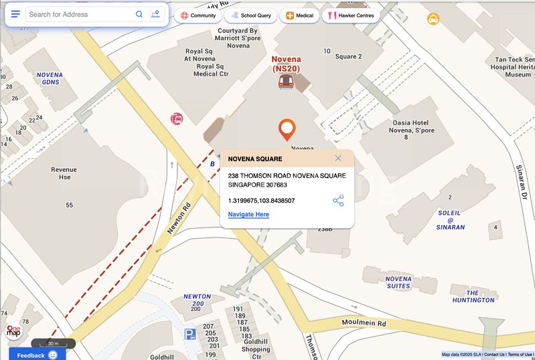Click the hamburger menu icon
pos(15,14)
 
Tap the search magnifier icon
pos(139,14)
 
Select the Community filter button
pos(198,15)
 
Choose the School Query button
pos(250,15)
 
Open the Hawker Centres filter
pos(350,15)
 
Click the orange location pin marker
pos(287,129)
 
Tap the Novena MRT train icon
pos(286,82)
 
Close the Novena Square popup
pos(338,159)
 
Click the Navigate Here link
pos(248,214)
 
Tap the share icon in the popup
pos(338,201)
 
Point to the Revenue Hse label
pos(64,173)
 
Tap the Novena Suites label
pos(398,282)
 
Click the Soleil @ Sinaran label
pos(451,219)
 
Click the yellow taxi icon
pos(433,19)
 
